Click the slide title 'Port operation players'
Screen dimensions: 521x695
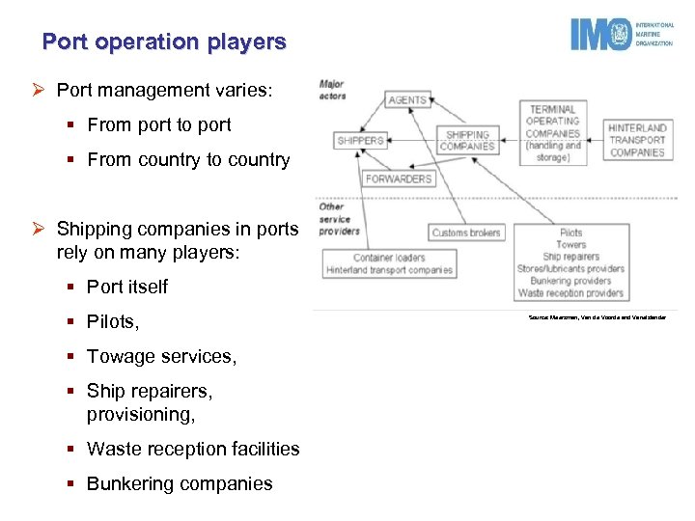click(164, 42)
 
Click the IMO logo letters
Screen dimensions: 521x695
click(599, 35)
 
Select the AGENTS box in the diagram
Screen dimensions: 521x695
click(408, 100)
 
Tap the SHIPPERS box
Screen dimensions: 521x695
click(361, 141)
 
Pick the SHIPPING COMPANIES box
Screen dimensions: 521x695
click(467, 141)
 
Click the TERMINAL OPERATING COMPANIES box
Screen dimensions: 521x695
click(553, 133)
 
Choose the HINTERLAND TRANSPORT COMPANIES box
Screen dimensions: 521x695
click(637, 140)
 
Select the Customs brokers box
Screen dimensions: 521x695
click(466, 233)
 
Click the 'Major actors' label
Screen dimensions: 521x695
click(332, 90)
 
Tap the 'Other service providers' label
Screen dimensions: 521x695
click(339, 219)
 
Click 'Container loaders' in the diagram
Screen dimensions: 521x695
click(390, 258)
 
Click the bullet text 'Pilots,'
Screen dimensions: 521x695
click(112, 321)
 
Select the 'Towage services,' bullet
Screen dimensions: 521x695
click(161, 356)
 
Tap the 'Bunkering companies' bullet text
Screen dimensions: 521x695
click(180, 483)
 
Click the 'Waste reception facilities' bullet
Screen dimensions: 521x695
click(193, 449)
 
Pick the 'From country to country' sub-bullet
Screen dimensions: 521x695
click(188, 159)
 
